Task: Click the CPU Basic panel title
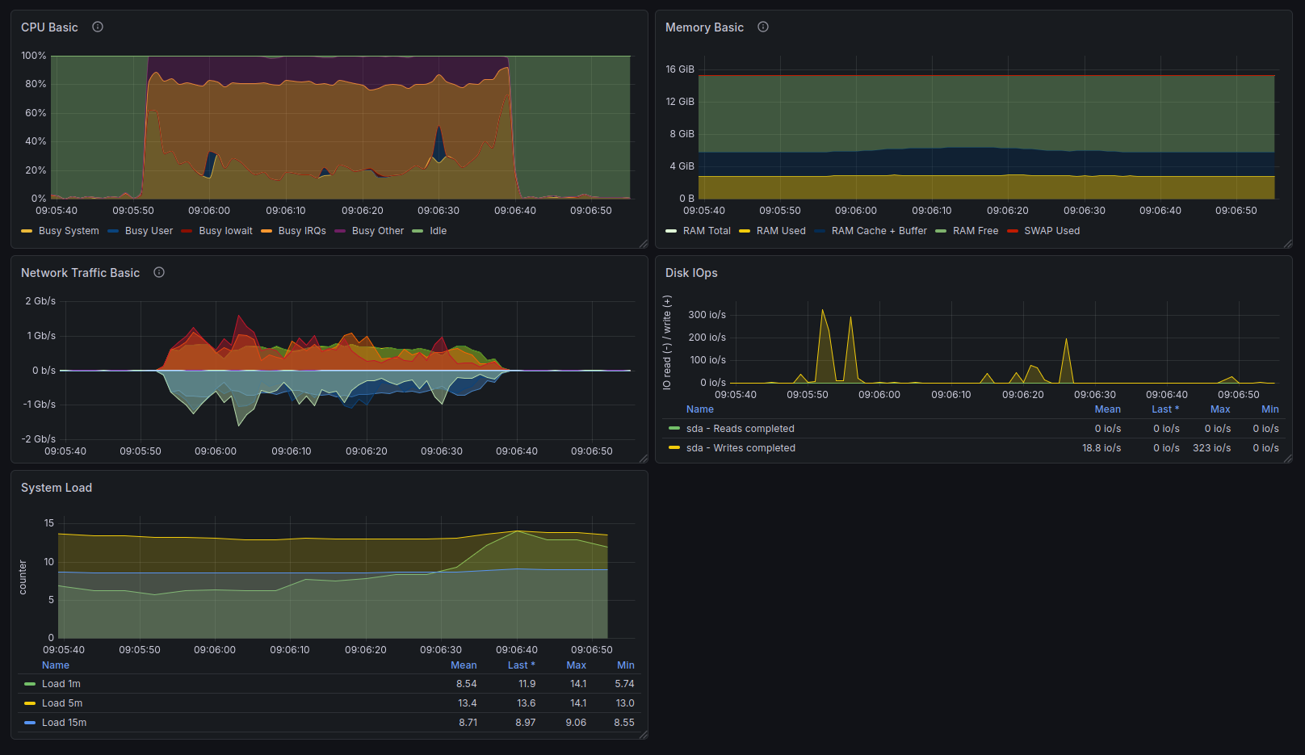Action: [49, 27]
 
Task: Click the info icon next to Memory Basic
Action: [762, 27]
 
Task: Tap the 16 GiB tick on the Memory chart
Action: [680, 69]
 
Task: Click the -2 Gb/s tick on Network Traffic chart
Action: [39, 438]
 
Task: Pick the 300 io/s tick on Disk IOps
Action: [707, 315]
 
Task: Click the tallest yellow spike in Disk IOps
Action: [823, 311]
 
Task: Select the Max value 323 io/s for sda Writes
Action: [1212, 448]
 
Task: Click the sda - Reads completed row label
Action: [741, 429]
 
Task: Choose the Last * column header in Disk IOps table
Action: [1165, 409]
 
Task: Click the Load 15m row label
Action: [64, 723]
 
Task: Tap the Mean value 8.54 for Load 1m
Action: [467, 684]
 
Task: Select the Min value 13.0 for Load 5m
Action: [625, 703]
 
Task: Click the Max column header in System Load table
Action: [576, 665]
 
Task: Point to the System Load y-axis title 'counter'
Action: [23, 577]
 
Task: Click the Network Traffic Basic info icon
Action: [159, 272]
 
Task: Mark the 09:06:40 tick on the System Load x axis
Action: [517, 649]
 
